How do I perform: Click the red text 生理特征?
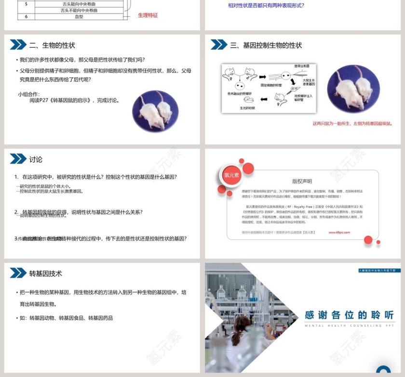click(148, 15)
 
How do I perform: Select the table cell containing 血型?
click(79, 16)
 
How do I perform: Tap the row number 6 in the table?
click(27, 16)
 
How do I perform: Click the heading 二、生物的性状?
click(52, 45)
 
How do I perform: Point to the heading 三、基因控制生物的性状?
click(266, 45)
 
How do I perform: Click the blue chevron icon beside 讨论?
click(18, 159)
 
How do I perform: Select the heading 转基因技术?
click(46, 273)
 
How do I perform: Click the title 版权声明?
click(302, 182)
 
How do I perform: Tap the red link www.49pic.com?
click(339, 232)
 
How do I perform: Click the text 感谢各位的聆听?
click(350, 315)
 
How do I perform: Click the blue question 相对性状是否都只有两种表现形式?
click(266, 6)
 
